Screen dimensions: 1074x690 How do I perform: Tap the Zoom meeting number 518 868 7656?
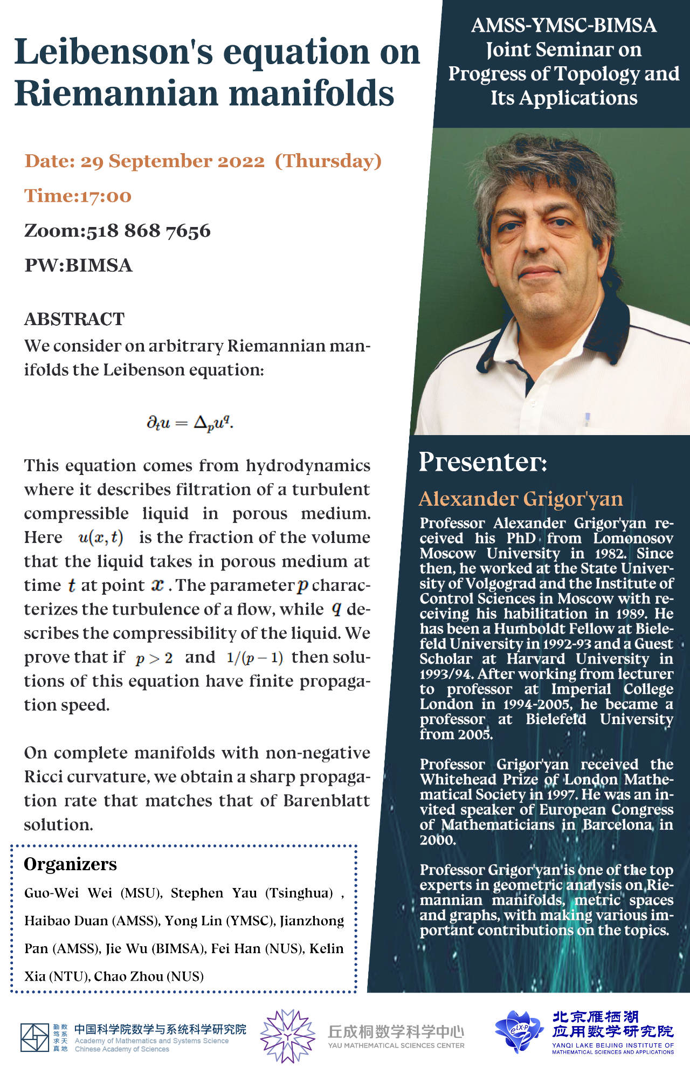[x=148, y=231]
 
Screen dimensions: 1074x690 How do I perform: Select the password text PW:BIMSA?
[x=78, y=265]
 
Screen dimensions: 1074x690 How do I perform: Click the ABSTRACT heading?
[x=74, y=319]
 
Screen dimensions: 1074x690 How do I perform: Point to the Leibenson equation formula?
[x=190, y=423]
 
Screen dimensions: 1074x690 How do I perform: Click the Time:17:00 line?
[x=78, y=196]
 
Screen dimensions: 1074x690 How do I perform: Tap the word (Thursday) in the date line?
[x=328, y=161]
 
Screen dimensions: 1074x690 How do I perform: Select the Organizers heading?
[x=70, y=864]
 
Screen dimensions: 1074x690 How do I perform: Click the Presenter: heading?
[x=482, y=462]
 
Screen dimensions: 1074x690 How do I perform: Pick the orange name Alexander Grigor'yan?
[x=521, y=499]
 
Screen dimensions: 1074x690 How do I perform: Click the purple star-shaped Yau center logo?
[x=287, y=1036]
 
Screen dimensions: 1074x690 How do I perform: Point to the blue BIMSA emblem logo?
[x=519, y=1031]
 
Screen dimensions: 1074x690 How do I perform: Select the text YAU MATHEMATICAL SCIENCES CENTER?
[x=396, y=1045]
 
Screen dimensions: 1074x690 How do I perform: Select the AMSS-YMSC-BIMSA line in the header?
[x=563, y=25]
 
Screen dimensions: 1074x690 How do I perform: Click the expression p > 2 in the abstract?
[x=154, y=658]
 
